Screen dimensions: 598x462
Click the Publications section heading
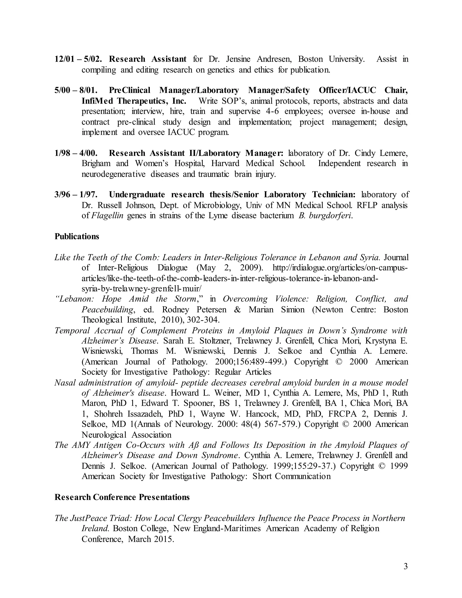(x=77, y=236)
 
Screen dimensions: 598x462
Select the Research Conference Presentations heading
(x=122, y=497)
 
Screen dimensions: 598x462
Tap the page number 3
(x=405, y=566)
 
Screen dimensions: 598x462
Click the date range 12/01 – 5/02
(x=78, y=59)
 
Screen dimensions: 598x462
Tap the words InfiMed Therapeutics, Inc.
(x=134, y=101)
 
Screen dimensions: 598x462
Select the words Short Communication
(x=291, y=476)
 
